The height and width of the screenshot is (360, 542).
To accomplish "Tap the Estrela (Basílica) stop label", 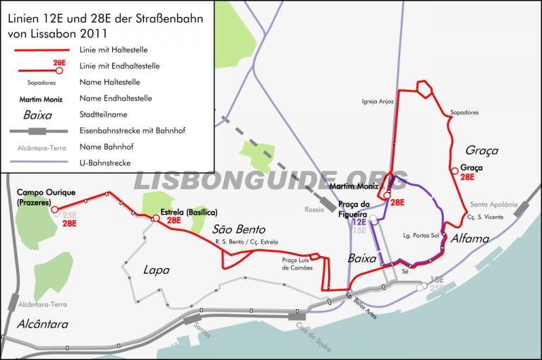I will click(x=188, y=212).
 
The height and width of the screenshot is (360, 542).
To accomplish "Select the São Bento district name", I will click(x=238, y=229).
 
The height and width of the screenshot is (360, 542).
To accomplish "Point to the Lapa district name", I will click(x=156, y=269).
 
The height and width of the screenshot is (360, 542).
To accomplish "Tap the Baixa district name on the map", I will click(x=362, y=259).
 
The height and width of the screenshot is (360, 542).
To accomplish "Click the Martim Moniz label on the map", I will click(x=351, y=186).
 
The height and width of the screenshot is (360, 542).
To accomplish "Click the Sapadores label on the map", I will click(x=464, y=112).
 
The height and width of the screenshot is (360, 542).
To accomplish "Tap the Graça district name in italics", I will click(x=482, y=150).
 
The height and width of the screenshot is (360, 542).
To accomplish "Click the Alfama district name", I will click(x=469, y=239).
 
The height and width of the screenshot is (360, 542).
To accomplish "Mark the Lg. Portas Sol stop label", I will click(x=421, y=235).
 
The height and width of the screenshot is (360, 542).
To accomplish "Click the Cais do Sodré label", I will click(x=311, y=331).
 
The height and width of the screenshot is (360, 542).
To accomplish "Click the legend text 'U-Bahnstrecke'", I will click(x=107, y=163).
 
